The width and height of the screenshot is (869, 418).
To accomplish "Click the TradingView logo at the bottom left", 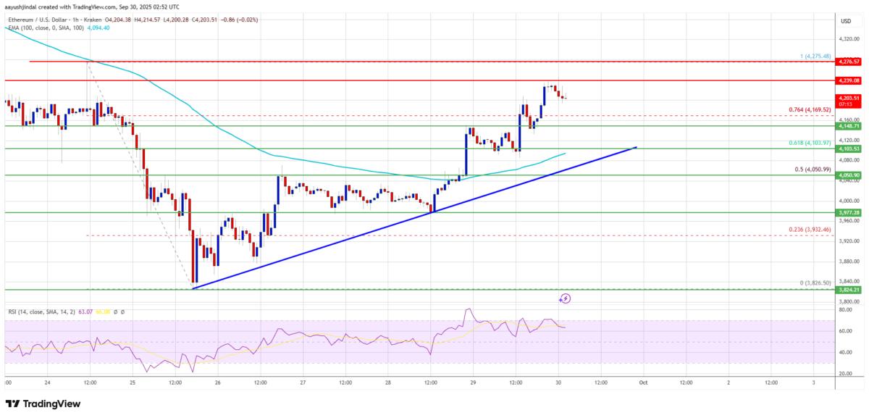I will [43, 404].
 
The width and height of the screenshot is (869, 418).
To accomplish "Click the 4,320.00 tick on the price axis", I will [847, 40].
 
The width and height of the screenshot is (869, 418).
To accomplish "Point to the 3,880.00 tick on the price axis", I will [847, 262].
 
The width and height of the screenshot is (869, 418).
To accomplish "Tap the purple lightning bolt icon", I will [566, 298].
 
